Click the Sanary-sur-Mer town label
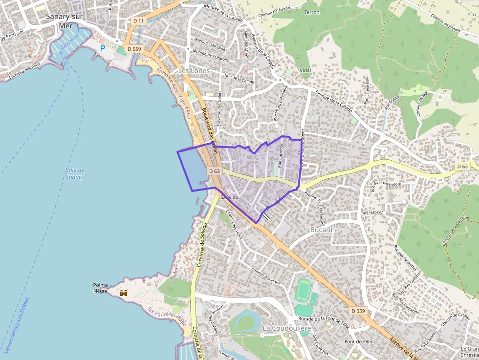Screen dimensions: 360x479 [x=65, y=21]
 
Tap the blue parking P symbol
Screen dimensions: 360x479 [x=103, y=48]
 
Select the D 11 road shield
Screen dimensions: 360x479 [x=138, y=21]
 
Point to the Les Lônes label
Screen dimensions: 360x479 [x=194, y=71]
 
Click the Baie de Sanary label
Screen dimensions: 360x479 [x=74, y=173]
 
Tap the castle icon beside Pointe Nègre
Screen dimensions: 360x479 [x=124, y=293]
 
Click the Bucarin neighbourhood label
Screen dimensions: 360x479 [x=323, y=230]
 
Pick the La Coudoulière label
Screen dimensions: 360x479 [x=286, y=328]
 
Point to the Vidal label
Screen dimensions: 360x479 [x=305, y=70]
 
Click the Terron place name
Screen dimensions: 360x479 [x=311, y=12]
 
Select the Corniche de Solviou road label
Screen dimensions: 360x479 [x=201, y=245]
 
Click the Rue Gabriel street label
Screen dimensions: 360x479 [x=372, y=212]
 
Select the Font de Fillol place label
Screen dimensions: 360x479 [x=359, y=341]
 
